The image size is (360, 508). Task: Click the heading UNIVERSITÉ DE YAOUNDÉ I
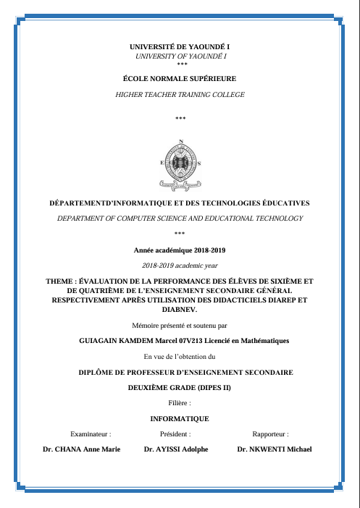180,47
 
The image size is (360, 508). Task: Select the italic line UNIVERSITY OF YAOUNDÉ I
180,56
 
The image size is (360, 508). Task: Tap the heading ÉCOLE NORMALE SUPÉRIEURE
180,77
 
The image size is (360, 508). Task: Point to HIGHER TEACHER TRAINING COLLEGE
180,95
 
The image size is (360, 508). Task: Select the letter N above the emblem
180,140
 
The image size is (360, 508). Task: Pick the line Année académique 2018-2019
180,250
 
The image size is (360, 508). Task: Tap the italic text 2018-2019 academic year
180,266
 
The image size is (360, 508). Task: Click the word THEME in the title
59,281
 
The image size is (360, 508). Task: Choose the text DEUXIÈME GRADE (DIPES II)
180,387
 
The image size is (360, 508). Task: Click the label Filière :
180,402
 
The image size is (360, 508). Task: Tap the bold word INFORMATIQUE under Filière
180,419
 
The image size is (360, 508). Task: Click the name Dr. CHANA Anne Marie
82,449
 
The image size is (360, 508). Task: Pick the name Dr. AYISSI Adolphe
176,449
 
